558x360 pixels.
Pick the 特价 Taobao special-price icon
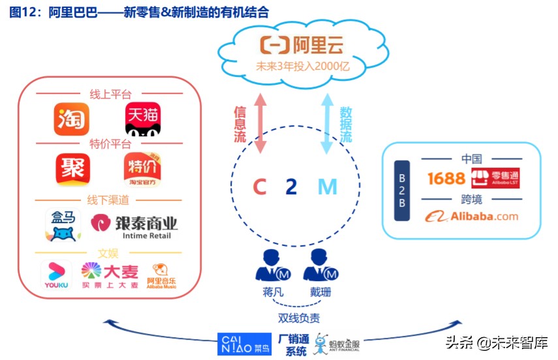click(x=142, y=170)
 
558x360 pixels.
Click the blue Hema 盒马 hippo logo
click(x=63, y=224)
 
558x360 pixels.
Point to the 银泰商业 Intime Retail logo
click(x=134, y=225)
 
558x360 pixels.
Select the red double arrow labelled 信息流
click(x=260, y=122)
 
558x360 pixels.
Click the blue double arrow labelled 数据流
click(x=326, y=122)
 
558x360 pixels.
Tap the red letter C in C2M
click(x=260, y=187)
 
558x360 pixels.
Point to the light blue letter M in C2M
click(x=327, y=187)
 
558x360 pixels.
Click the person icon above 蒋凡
click(x=270, y=266)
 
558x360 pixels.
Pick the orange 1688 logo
click(x=446, y=178)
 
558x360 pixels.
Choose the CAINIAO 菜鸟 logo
click(x=244, y=344)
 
